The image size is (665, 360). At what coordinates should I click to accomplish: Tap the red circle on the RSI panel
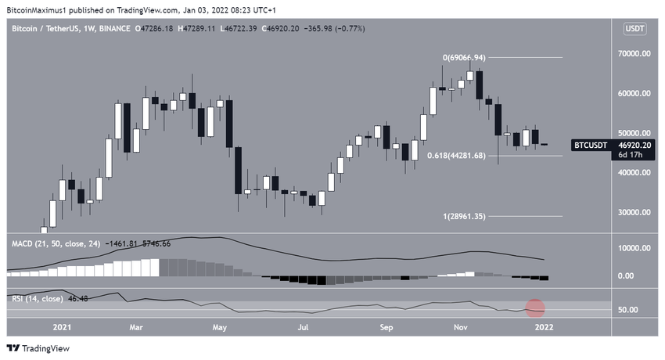(x=535, y=309)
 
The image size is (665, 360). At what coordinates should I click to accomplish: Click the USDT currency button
(x=633, y=29)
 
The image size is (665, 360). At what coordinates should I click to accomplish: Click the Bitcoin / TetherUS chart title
(x=55, y=29)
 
